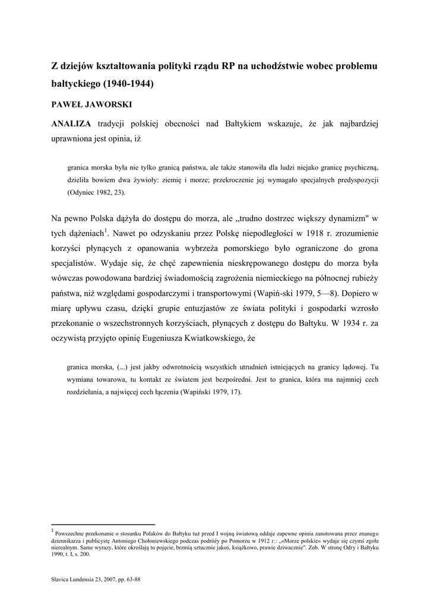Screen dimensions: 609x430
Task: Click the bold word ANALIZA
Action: coord(71,124)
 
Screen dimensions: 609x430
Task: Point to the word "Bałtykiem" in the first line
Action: coord(244,124)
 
